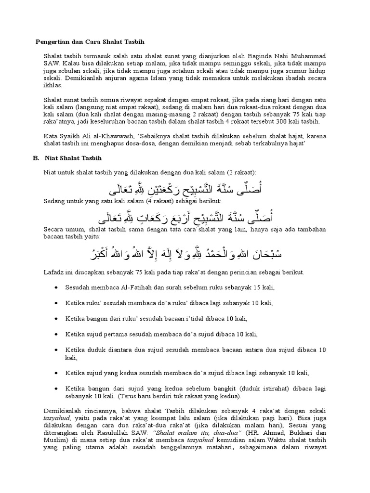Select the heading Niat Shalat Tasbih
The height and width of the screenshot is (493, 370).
pyautogui.click(x=73, y=157)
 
